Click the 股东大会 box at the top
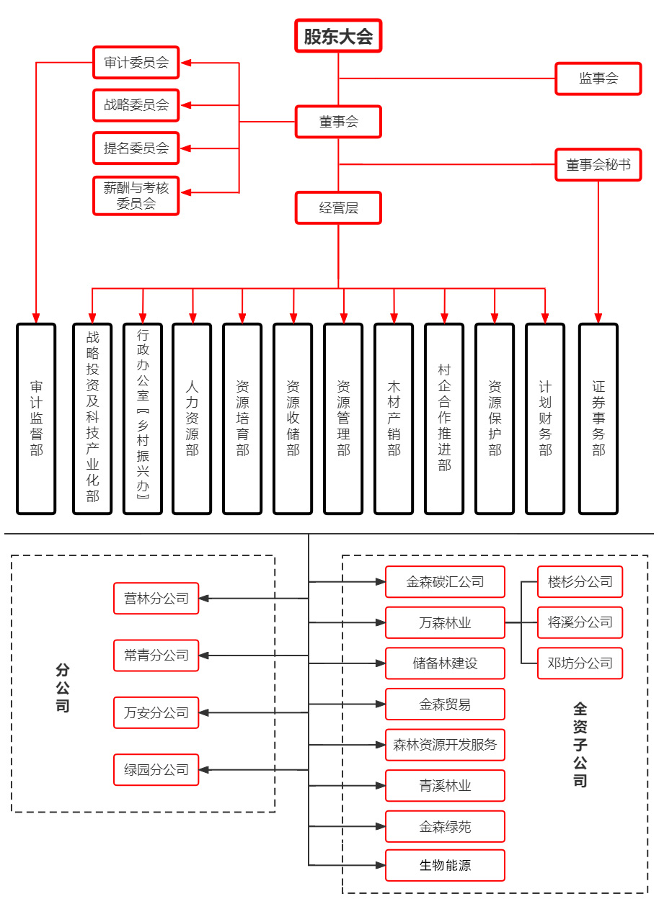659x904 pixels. (x=338, y=36)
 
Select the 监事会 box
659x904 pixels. (x=598, y=79)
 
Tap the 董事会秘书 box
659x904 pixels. (x=598, y=165)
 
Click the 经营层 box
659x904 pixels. (x=338, y=208)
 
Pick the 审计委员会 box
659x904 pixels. (x=136, y=63)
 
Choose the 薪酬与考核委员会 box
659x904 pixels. (x=136, y=195)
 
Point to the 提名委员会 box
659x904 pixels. (x=136, y=148)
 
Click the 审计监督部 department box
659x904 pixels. (x=36, y=419)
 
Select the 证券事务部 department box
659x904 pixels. (x=598, y=419)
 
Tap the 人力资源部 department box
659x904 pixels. (x=192, y=419)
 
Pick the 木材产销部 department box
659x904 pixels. (x=394, y=419)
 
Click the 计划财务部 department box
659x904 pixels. (x=545, y=419)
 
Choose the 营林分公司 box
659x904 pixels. (x=156, y=599)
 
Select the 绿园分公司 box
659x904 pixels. (x=156, y=769)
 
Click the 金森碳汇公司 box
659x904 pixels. (x=445, y=582)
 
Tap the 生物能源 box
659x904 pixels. (x=445, y=865)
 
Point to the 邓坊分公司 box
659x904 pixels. (x=580, y=663)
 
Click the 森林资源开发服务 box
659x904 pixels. (x=445, y=745)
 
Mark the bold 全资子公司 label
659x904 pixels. (x=580, y=745)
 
